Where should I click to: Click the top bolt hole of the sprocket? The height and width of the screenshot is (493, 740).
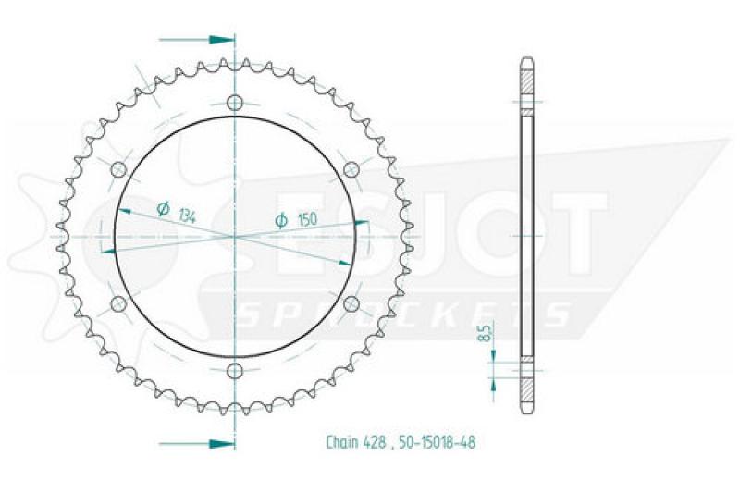(235, 103)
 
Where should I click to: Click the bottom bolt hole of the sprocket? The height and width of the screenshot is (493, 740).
(235, 372)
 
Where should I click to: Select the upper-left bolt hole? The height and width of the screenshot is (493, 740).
(118, 169)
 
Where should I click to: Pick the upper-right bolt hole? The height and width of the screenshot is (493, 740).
(351, 169)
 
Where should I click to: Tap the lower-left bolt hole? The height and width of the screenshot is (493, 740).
(118, 304)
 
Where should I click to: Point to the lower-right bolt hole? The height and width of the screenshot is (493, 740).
(351, 304)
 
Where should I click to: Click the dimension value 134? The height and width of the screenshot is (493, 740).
(188, 216)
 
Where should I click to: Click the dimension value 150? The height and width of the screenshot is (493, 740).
(307, 219)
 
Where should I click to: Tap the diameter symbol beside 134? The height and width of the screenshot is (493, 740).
(164, 208)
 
